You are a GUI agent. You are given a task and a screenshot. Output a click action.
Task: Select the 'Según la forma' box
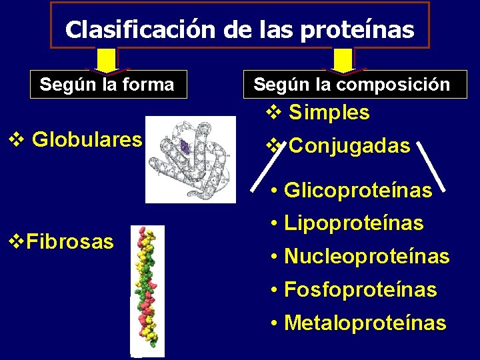pos(107,85)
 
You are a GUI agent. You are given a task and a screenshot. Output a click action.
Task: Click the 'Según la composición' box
pos(352,85)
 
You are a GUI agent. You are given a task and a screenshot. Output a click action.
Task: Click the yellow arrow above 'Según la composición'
pos(343,61)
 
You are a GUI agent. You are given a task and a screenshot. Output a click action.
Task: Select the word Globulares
pos(87,139)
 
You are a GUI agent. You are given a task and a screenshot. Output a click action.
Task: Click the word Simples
pos(329,113)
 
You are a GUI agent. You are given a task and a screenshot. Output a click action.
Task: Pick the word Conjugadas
pos(350,145)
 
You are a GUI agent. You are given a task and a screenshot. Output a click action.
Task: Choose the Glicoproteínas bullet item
pos(358,191)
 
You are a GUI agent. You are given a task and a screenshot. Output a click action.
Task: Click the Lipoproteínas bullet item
pos(353,223)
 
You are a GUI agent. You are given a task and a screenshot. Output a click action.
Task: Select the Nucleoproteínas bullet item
pos(366,256)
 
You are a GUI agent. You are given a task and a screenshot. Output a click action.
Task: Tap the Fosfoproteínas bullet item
pos(360,289)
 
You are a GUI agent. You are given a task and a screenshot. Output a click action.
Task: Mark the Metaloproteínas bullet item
pos(365,323)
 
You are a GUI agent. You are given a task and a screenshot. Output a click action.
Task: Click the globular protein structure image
pos(191,158)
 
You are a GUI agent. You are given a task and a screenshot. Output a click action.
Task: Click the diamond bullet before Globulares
pos(17,139)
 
